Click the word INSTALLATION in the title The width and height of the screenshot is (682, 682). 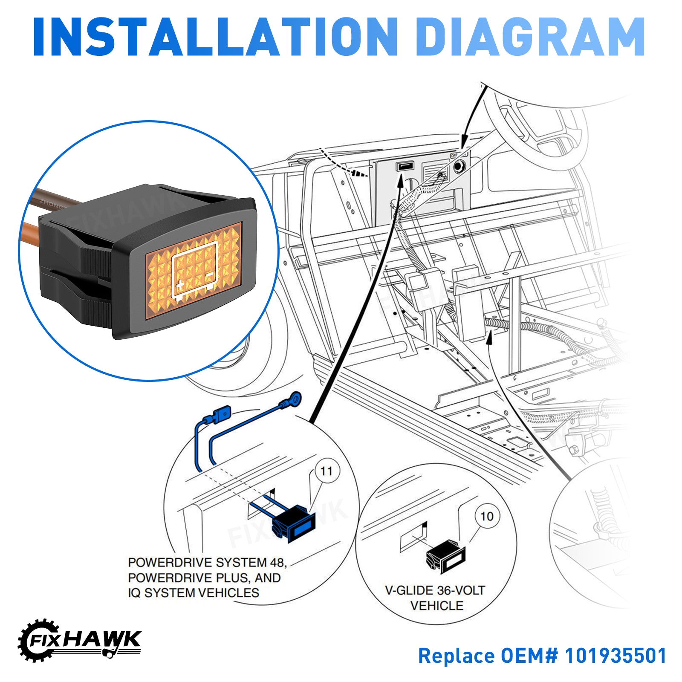215,37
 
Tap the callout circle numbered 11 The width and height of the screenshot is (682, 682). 327,471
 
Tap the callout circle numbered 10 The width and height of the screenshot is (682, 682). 487,517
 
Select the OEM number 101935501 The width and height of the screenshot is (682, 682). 616,656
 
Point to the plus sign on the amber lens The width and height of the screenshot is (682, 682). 180,285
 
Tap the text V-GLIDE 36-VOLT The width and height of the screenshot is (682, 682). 435,590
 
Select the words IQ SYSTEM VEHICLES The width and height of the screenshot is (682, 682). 194,592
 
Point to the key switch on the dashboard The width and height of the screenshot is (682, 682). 459,165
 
